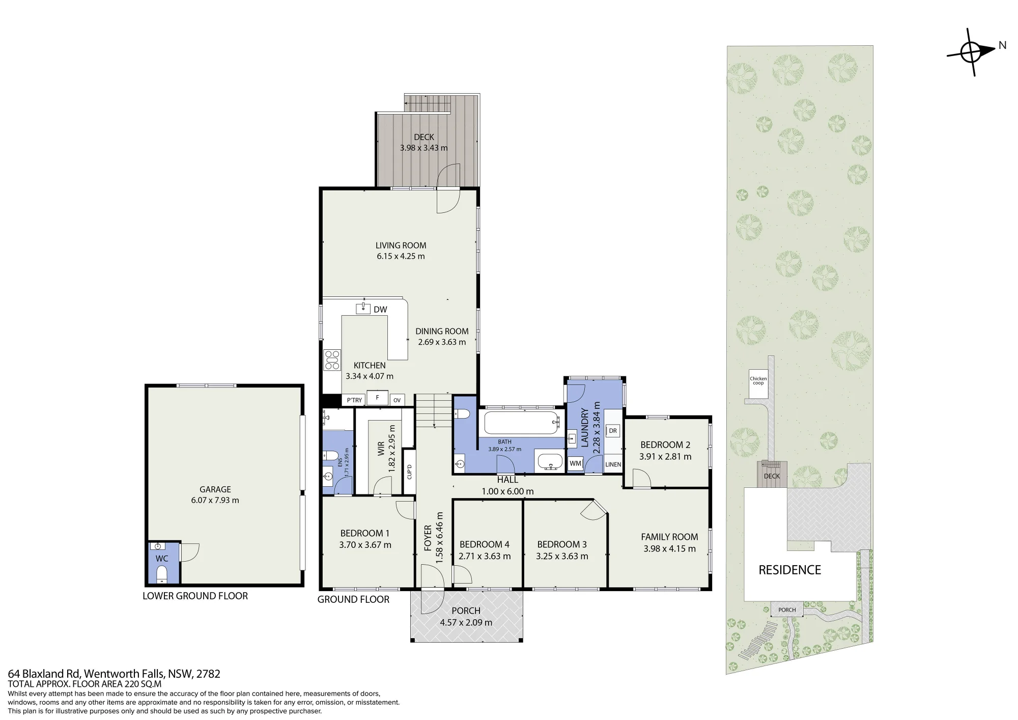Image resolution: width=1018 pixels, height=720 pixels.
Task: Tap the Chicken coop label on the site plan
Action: pos(758,380)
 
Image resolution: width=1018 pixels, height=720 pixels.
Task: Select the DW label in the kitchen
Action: pos(380,310)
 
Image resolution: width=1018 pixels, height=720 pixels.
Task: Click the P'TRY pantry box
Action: pos(354,400)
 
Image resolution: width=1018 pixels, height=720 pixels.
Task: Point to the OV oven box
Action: pos(397,400)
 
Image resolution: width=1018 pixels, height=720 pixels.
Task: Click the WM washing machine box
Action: pos(575,464)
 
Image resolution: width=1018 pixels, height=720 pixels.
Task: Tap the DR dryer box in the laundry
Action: pos(613,431)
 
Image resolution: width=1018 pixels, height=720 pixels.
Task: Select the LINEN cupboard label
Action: pos(613,464)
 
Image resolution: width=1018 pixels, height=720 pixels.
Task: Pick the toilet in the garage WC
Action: pos(162,575)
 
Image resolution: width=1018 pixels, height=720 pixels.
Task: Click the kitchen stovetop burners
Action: pos(332,359)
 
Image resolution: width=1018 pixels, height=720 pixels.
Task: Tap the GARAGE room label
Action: pos(215,489)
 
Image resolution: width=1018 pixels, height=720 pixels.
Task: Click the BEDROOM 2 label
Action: pos(665,445)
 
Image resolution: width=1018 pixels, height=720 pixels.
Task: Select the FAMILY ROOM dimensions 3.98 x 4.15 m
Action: pos(669,549)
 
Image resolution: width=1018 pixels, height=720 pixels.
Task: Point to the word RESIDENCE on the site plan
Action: pos(790,570)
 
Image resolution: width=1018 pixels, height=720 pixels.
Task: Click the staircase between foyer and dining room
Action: pos(434,411)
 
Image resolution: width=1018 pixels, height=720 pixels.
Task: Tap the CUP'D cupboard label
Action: pos(409,472)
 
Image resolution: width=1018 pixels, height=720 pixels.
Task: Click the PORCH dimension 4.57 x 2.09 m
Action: pos(466,622)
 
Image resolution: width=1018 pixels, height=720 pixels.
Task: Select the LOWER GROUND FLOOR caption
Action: pos(195,596)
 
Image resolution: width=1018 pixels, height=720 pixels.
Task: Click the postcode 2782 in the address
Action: pos(208,674)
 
